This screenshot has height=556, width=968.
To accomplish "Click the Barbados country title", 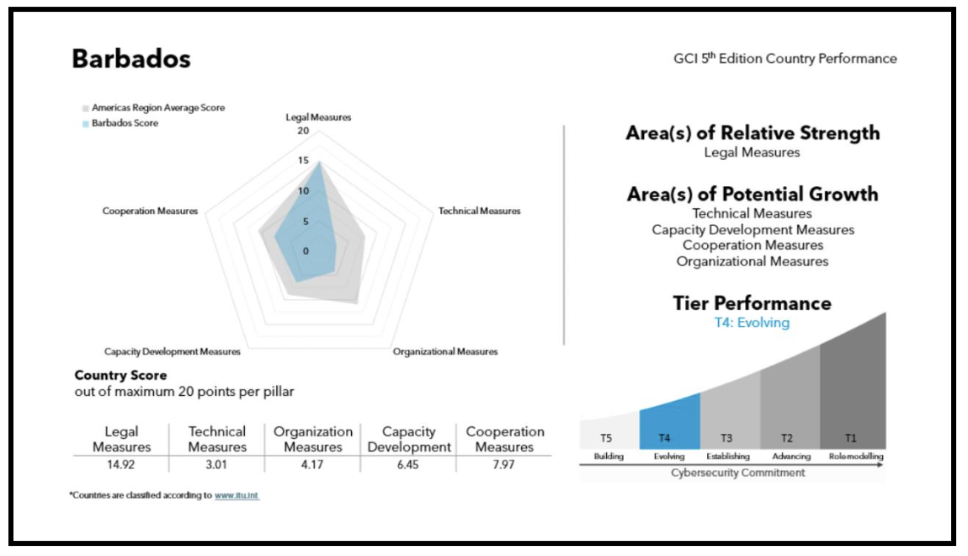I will point(130,60).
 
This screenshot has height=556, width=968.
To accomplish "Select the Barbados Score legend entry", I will point(125,123).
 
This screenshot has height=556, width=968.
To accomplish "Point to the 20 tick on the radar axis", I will point(303,131).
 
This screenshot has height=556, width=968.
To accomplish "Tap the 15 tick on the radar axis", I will point(303,161).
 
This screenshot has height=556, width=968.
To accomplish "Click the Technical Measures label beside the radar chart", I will point(479,211).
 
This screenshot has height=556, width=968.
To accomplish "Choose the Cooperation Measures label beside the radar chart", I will point(150,211).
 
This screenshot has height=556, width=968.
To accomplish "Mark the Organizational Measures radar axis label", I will point(444,350).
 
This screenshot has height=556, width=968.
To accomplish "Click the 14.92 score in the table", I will point(121,464).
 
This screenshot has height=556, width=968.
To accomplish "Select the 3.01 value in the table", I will point(217,464).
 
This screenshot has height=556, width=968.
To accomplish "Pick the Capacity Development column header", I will point(409,439).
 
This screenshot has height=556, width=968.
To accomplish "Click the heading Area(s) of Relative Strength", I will point(753,133).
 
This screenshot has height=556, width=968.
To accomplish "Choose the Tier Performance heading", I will point(753,303).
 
